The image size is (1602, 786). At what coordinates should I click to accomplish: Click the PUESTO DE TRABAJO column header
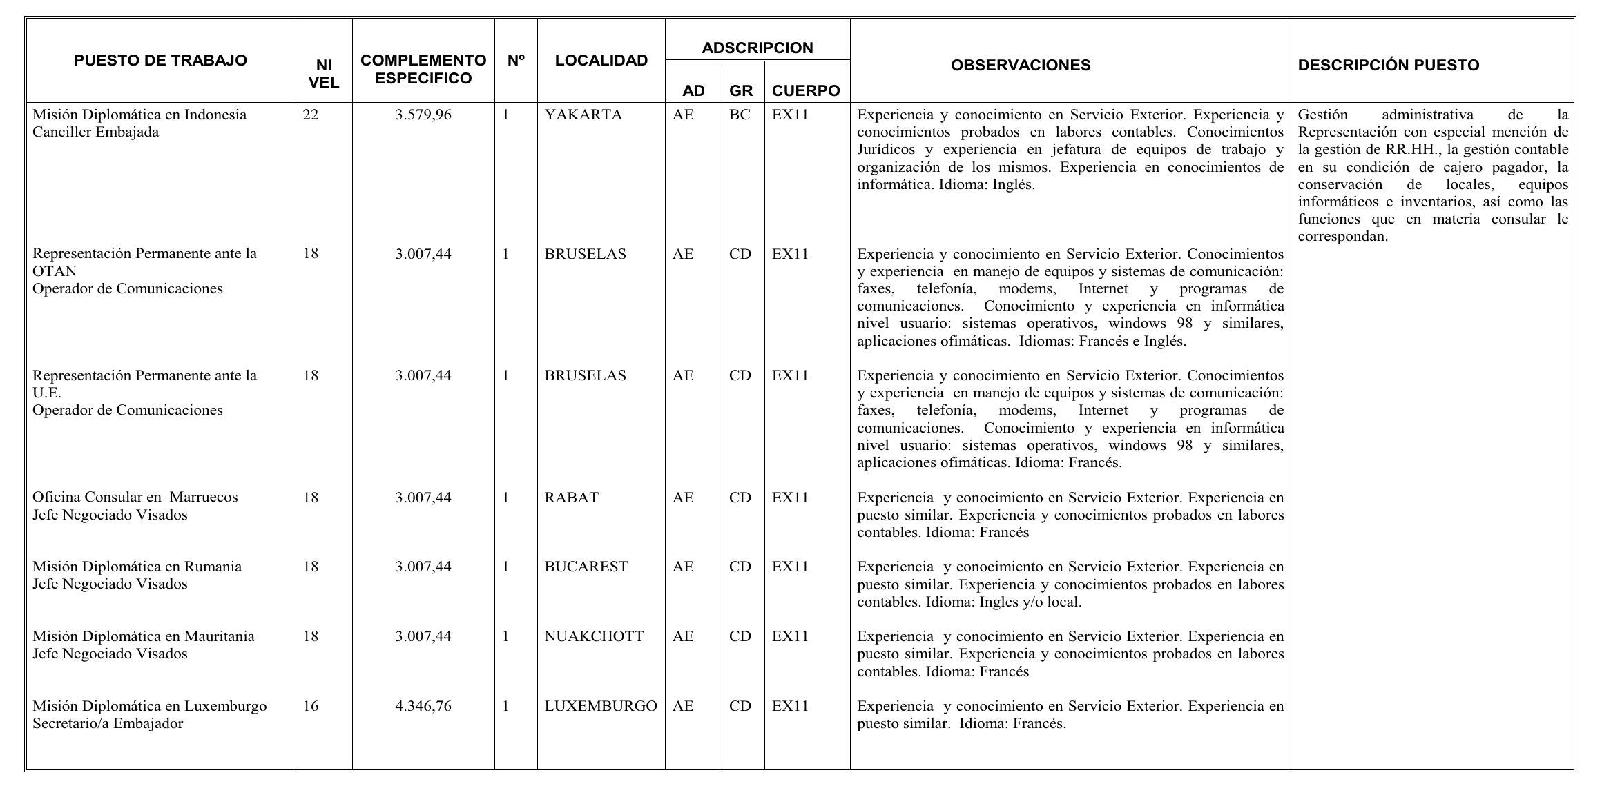(x=160, y=61)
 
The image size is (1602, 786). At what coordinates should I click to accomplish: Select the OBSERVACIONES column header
(x=1021, y=66)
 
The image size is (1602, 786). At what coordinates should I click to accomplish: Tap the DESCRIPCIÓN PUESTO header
(x=1389, y=66)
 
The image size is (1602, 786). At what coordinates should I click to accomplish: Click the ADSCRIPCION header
(x=757, y=48)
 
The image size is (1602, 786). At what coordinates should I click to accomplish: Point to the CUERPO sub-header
(x=806, y=91)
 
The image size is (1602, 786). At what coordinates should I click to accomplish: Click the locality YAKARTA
(x=583, y=115)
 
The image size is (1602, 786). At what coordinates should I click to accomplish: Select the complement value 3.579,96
(x=423, y=115)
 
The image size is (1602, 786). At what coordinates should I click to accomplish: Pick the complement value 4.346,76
(x=423, y=707)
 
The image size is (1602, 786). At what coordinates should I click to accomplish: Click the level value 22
(x=311, y=115)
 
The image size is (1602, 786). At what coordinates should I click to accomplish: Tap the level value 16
(x=311, y=707)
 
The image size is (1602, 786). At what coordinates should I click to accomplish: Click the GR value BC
(x=739, y=115)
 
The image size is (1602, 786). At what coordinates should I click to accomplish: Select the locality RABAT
(x=571, y=498)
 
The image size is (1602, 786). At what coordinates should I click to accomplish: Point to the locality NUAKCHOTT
(x=594, y=636)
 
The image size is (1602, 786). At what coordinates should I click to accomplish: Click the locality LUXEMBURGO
(x=600, y=707)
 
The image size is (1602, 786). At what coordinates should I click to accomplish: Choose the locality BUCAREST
(x=586, y=567)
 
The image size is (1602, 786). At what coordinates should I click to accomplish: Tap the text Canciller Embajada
(x=95, y=132)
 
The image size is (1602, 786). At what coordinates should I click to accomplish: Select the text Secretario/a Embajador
(x=108, y=724)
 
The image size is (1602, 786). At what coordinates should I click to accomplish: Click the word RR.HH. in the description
(x=1415, y=150)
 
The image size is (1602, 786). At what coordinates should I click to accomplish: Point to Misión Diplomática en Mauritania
(x=143, y=636)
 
